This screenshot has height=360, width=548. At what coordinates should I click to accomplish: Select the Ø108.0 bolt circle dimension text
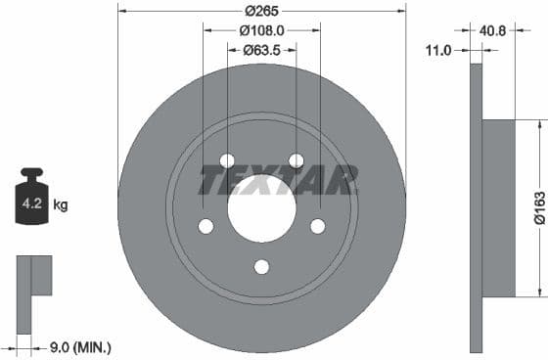pyautogui.click(x=261, y=29)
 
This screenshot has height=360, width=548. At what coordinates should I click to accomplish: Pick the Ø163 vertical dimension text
pyautogui.click(x=538, y=206)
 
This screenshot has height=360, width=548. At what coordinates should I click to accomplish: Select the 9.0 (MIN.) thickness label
pyautogui.click(x=79, y=346)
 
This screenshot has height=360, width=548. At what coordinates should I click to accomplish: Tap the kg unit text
pyautogui.click(x=61, y=205)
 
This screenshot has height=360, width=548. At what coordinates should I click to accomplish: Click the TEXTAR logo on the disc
pyautogui.click(x=278, y=180)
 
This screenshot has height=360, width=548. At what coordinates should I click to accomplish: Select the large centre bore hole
pyautogui.click(x=261, y=208)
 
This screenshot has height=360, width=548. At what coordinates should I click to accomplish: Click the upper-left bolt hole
pyautogui.click(x=227, y=160)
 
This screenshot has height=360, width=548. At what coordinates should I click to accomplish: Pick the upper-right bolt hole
pyautogui.click(x=297, y=160)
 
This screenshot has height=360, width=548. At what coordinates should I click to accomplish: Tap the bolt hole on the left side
pyautogui.click(x=205, y=226)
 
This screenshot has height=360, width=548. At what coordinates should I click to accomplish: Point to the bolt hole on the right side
pyautogui.click(x=318, y=226)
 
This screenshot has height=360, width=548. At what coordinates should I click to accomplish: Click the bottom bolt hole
pyautogui.click(x=261, y=266)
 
